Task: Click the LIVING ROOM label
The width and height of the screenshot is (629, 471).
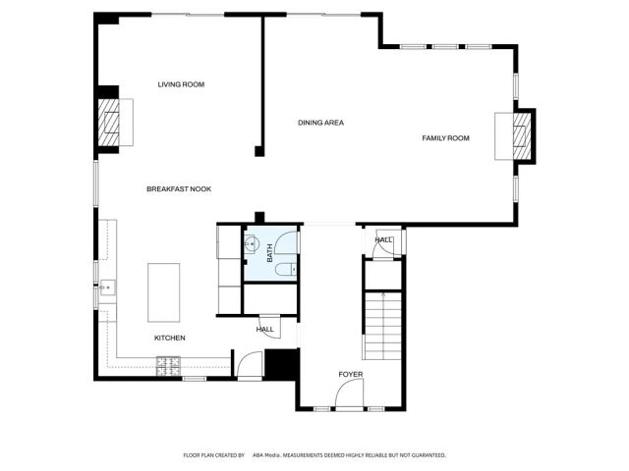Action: click(x=181, y=85)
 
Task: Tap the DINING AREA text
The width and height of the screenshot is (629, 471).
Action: click(x=320, y=123)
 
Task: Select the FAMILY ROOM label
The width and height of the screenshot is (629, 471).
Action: click(x=445, y=138)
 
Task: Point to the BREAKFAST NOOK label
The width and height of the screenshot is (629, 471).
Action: click(x=179, y=188)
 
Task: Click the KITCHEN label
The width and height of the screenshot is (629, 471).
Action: click(x=169, y=339)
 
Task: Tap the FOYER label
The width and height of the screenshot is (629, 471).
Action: click(x=351, y=374)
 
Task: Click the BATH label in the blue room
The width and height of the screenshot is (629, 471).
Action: click(x=269, y=252)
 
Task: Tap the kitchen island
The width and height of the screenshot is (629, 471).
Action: click(x=163, y=291)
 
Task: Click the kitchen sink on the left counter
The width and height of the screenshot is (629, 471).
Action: click(x=107, y=288)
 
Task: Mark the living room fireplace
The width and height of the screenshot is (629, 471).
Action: click(x=113, y=121)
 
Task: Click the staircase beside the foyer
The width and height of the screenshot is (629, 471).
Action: click(x=382, y=327)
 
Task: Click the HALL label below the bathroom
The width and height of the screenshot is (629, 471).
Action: click(x=265, y=330)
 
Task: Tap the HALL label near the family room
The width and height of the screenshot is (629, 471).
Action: click(x=382, y=239)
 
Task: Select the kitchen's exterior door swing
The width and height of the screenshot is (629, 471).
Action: click(x=248, y=367)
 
